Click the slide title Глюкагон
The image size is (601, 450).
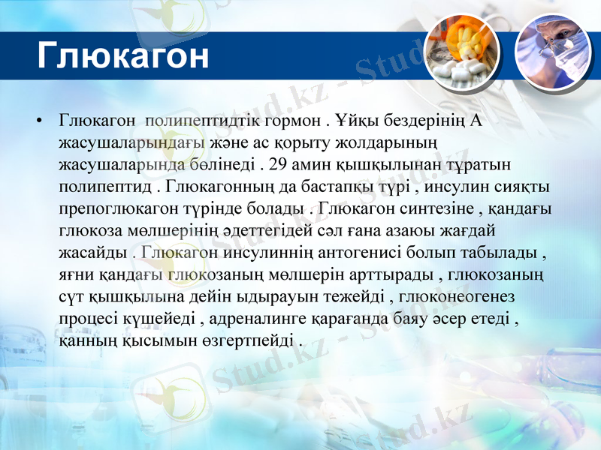(x=122, y=55)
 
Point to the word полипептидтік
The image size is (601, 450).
(x=195, y=120)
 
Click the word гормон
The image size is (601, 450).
(x=287, y=120)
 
